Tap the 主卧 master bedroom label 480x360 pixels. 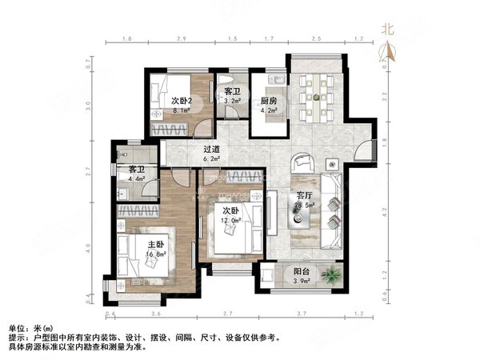134,244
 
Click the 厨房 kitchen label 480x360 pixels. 269,101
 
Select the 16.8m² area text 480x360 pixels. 134,255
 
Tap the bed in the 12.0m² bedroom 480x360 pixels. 236,228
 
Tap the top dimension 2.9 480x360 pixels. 182,38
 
